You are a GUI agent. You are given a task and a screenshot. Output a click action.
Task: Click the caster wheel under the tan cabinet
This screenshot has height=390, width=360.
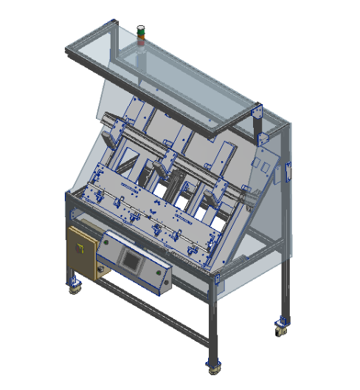coord(74,287)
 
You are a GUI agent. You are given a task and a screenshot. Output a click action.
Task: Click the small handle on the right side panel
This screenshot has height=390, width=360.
coord(288,171)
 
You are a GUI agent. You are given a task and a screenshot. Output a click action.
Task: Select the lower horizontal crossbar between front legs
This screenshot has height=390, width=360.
coord(155,309)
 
